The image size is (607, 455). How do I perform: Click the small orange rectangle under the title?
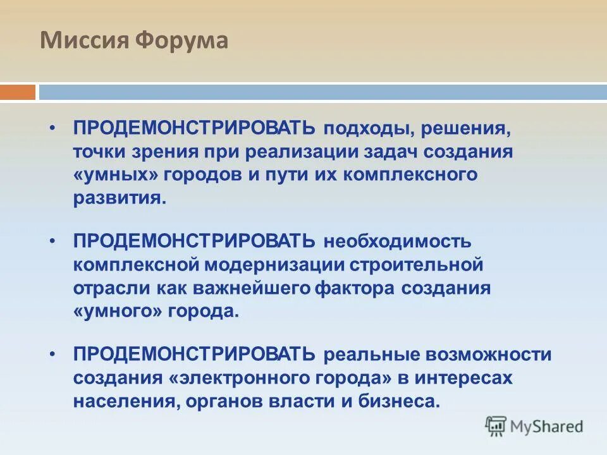17,92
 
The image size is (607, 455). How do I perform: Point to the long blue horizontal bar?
322,92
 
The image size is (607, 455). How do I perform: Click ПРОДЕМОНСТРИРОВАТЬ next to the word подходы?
194,128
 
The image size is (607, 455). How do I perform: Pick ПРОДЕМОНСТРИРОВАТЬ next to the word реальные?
194,354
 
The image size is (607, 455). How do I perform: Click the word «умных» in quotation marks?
115,175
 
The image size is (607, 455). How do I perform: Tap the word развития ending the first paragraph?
119,198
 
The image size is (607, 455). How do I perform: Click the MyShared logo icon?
496,426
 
